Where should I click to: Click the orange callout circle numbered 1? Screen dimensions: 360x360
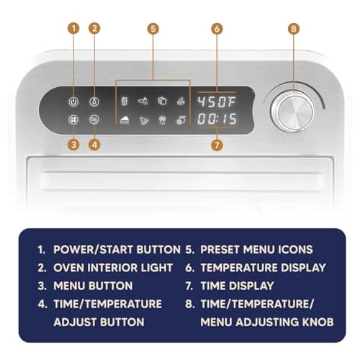(x=73, y=30)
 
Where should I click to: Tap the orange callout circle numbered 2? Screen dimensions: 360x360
(x=94, y=30)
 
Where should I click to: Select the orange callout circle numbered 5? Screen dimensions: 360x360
(x=152, y=30)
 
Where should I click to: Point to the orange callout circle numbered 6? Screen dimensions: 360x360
(x=217, y=30)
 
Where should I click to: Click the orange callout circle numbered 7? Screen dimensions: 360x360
(x=217, y=144)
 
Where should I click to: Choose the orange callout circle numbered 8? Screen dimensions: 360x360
(x=292, y=30)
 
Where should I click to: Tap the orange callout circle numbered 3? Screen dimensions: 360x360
(x=73, y=144)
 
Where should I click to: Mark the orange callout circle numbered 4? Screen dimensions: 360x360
(x=94, y=144)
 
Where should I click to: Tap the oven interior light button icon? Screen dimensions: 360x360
(x=94, y=101)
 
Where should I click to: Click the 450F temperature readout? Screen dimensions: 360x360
(x=217, y=101)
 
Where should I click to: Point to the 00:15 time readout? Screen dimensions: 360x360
(x=217, y=117)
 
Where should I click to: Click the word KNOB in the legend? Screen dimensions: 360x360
(x=316, y=321)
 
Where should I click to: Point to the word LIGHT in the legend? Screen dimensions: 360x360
(x=156, y=268)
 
